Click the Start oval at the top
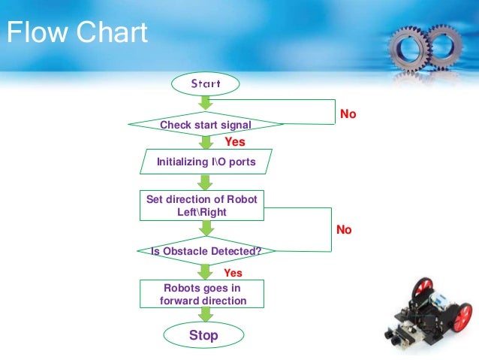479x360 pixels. pos(205,83)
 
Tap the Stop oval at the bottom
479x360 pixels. pos(203,335)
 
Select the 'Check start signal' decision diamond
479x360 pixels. pos(205,123)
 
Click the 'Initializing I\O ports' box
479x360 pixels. pos(205,162)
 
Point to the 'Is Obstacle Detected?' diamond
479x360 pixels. pos(205,251)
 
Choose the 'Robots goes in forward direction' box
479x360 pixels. pos(203,294)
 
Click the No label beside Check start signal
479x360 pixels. pos(348,114)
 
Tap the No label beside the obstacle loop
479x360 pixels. pos(344,229)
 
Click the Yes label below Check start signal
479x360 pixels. pos(235,141)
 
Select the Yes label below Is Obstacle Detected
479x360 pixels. pos(233,273)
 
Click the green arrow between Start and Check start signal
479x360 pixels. pos(204,103)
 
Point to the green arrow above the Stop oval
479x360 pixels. pos(203,314)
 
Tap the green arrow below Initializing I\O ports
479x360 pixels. pos(204,182)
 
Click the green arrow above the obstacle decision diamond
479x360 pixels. pos(204,230)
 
